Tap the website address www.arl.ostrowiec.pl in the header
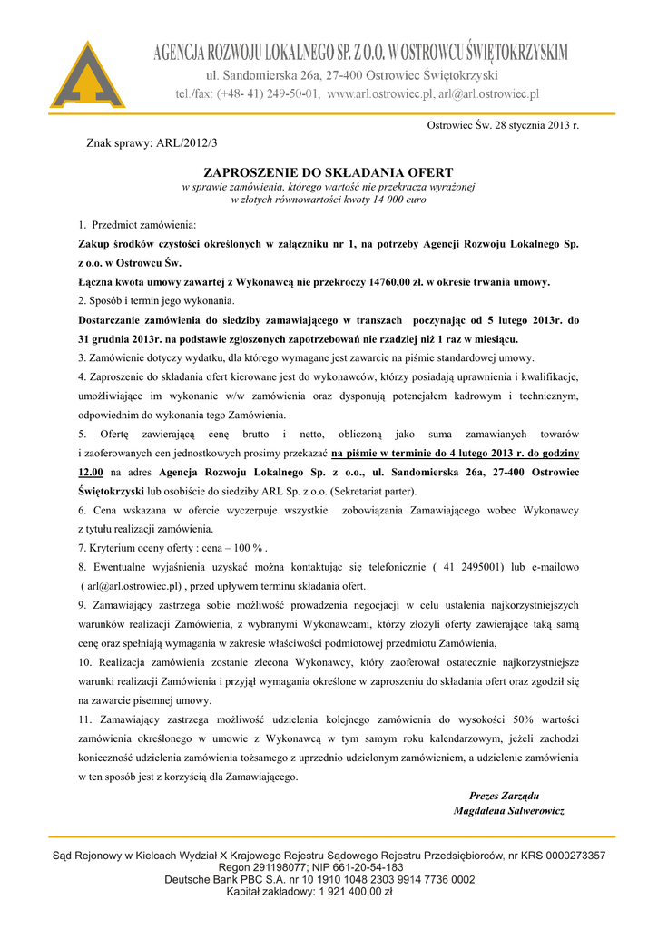click(x=378, y=93)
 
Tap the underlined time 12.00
click(x=90, y=472)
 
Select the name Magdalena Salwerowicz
click(x=508, y=810)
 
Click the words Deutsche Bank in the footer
click(x=199, y=879)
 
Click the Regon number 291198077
click(x=262, y=867)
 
